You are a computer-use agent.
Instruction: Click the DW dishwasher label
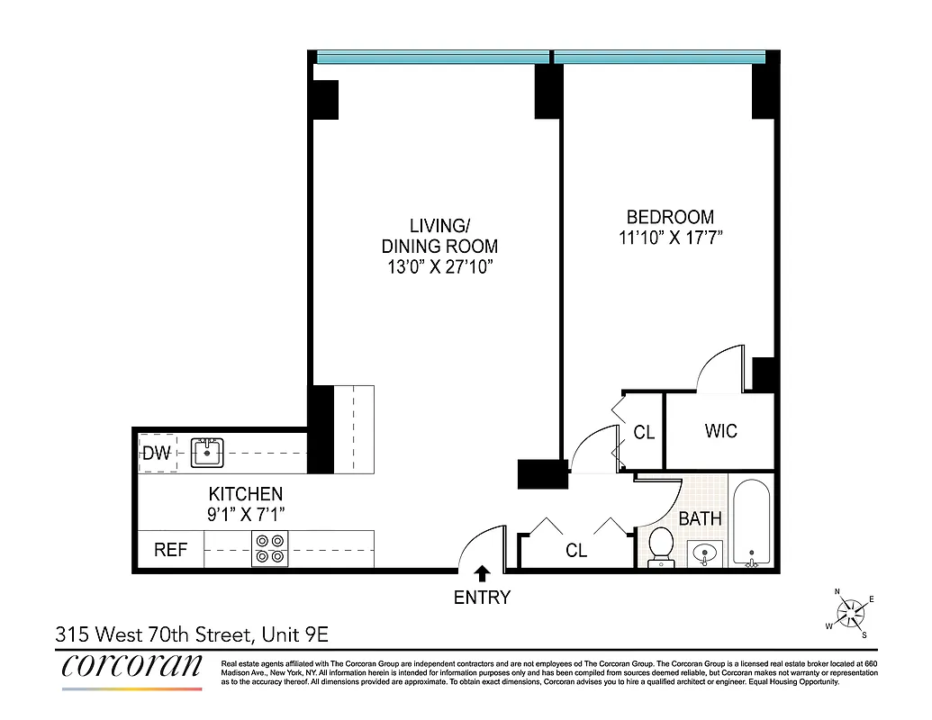click(x=157, y=454)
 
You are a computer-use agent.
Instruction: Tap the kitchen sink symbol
click(x=207, y=453)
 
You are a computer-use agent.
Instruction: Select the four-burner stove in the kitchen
click(x=269, y=548)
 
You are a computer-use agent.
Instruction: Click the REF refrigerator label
click(x=170, y=549)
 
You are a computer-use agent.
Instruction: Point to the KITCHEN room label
click(x=246, y=494)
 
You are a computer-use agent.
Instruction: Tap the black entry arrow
click(x=483, y=573)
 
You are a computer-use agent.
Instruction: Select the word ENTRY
click(x=482, y=597)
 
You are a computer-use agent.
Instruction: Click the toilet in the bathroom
click(x=662, y=544)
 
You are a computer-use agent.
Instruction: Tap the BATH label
click(x=700, y=518)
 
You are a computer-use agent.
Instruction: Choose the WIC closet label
click(x=720, y=431)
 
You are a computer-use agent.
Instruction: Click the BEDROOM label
click(x=670, y=217)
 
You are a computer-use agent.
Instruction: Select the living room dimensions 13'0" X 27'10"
click(x=439, y=266)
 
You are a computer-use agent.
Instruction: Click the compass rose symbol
click(x=852, y=615)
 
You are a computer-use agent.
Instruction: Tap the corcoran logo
click(x=132, y=668)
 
